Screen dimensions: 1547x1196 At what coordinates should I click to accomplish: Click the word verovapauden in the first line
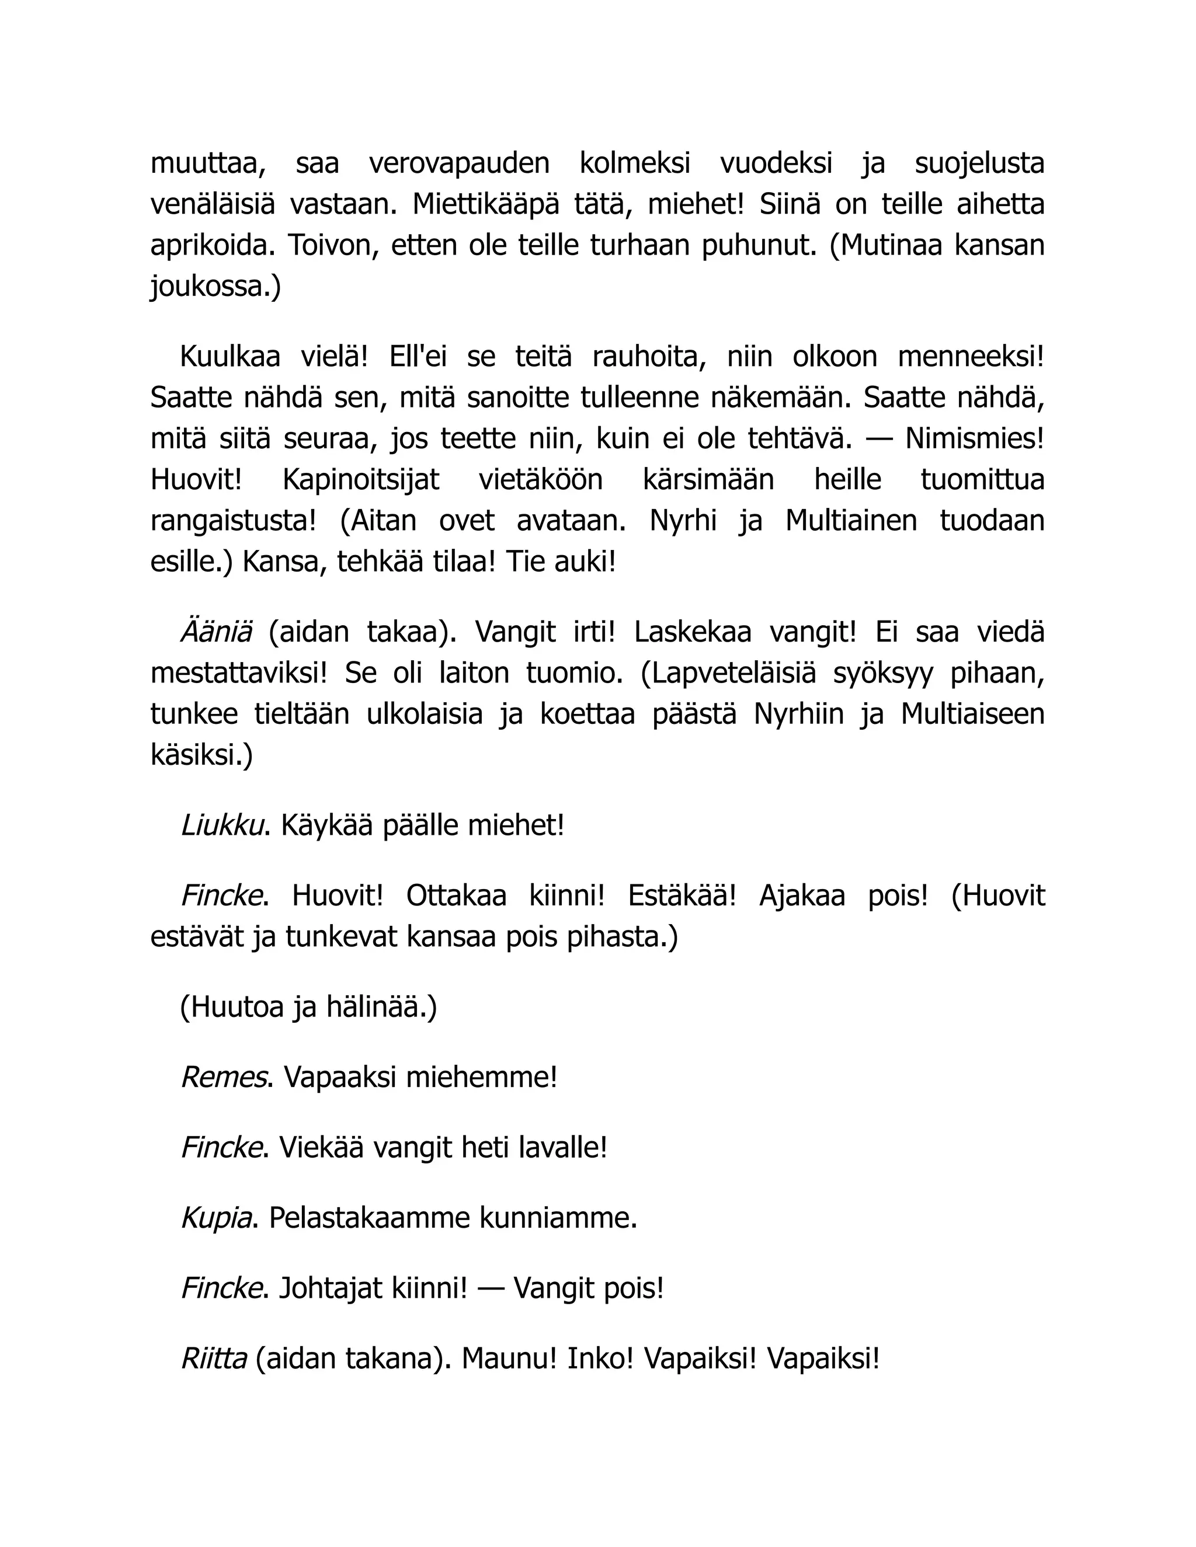[459, 163]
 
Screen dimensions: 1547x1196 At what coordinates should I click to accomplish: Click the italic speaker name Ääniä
[216, 631]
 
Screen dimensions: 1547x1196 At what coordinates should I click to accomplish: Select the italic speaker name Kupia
[217, 1218]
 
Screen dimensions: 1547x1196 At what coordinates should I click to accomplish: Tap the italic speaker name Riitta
[214, 1358]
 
